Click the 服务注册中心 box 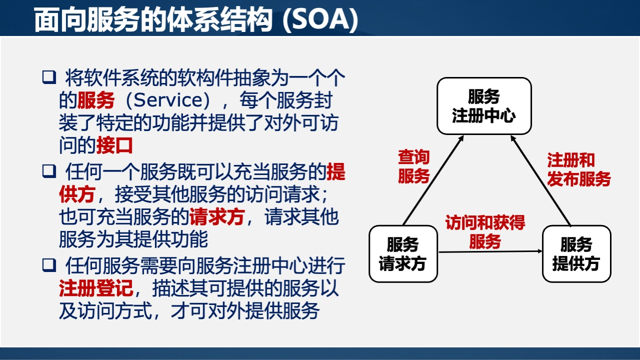[x=484, y=106]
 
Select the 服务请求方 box [x=403, y=254]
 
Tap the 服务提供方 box [x=576, y=254]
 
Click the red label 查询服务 [x=413, y=167]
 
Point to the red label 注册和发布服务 [x=578, y=169]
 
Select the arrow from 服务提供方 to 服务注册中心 [x=542, y=182]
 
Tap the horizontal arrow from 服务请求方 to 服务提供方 [x=490, y=251]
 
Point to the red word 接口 [x=114, y=145]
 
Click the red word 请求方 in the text [x=216, y=217]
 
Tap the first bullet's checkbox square [x=48, y=77]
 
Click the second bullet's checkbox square [x=48, y=171]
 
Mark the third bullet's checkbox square [x=48, y=265]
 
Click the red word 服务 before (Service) [x=96, y=100]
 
